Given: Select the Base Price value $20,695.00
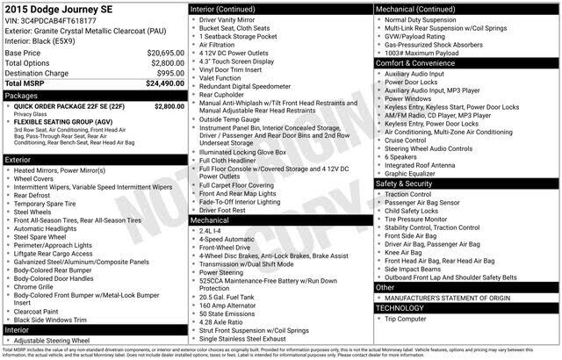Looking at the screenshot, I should (165, 53).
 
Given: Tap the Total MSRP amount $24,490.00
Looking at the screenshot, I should (164, 83).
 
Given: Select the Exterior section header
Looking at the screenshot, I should (19, 160).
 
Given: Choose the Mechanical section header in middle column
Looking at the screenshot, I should (210, 220).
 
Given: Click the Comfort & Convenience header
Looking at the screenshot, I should (416, 64).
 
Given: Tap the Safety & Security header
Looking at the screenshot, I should (405, 184).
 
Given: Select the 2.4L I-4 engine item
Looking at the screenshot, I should (213, 230).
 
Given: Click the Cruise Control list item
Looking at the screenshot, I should (405, 140).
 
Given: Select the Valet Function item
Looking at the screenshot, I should (220, 77).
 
